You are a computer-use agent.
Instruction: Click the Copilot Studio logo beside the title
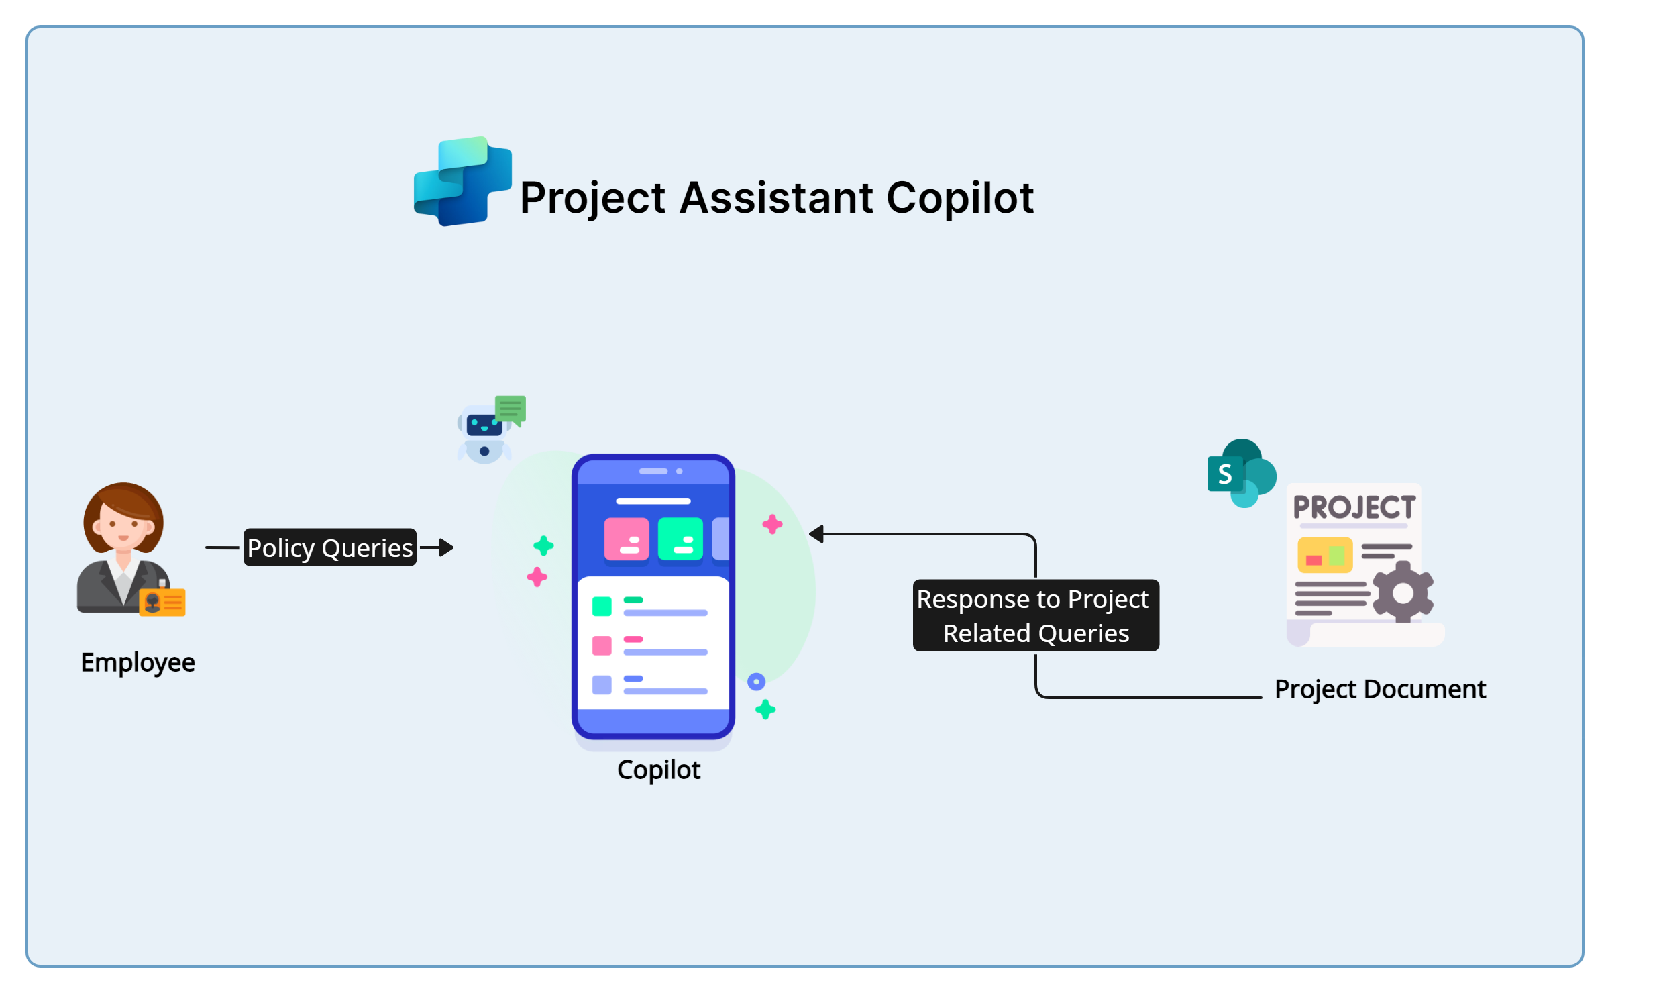[x=462, y=181]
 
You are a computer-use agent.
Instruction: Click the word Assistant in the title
[x=776, y=198]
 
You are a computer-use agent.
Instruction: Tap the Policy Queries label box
[x=329, y=547]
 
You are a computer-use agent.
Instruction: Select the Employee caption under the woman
[x=138, y=662]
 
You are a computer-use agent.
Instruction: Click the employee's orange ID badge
[x=163, y=603]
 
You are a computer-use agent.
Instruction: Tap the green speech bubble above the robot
[x=511, y=408]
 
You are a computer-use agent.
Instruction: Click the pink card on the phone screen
[x=626, y=539]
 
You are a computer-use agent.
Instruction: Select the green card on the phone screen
[x=680, y=539]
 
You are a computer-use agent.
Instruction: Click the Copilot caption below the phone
[x=658, y=770]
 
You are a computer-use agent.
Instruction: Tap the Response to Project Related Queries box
[x=1035, y=615]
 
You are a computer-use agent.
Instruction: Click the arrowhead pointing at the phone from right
[x=816, y=534]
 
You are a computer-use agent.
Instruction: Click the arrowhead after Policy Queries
[x=446, y=547]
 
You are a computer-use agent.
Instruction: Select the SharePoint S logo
[x=1225, y=474]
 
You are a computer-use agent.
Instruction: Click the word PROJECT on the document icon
[x=1354, y=508]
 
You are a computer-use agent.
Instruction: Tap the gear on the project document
[x=1402, y=593]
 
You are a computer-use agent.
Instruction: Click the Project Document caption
[x=1380, y=690]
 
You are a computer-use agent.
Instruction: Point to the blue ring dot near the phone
[x=756, y=682]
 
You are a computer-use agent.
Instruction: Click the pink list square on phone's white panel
[x=602, y=645]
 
